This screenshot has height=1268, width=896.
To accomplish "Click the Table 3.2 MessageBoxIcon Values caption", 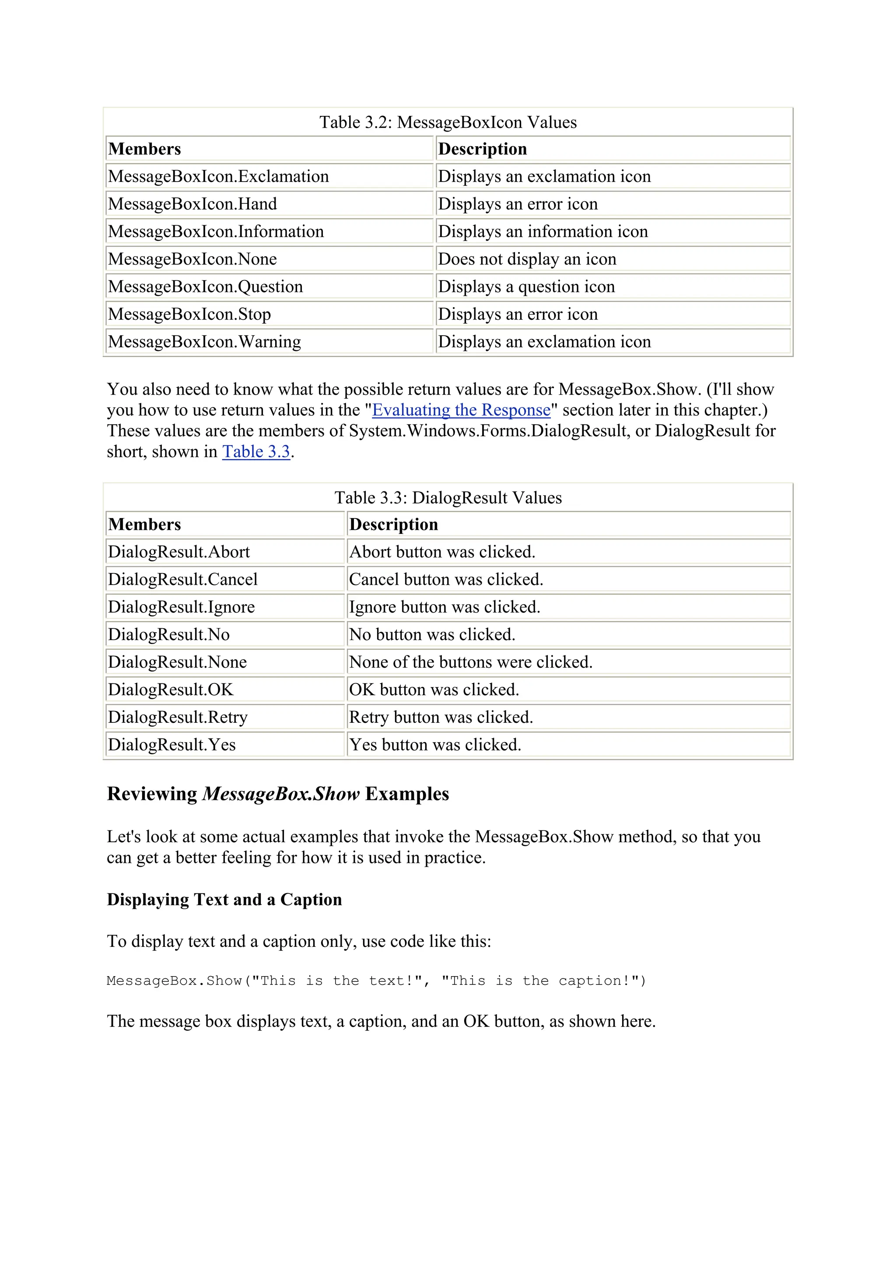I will tap(448, 122).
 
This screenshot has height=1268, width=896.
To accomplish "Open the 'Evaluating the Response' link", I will tap(461, 410).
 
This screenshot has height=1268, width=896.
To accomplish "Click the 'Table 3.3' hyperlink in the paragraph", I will tap(256, 452).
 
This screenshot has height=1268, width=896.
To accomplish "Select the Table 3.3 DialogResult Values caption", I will tap(448, 497).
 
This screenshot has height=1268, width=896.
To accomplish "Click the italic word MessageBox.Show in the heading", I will tap(281, 794).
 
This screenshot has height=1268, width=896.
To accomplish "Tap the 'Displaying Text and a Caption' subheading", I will tap(224, 900).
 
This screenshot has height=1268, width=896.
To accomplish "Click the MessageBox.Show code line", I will tap(376, 981).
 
